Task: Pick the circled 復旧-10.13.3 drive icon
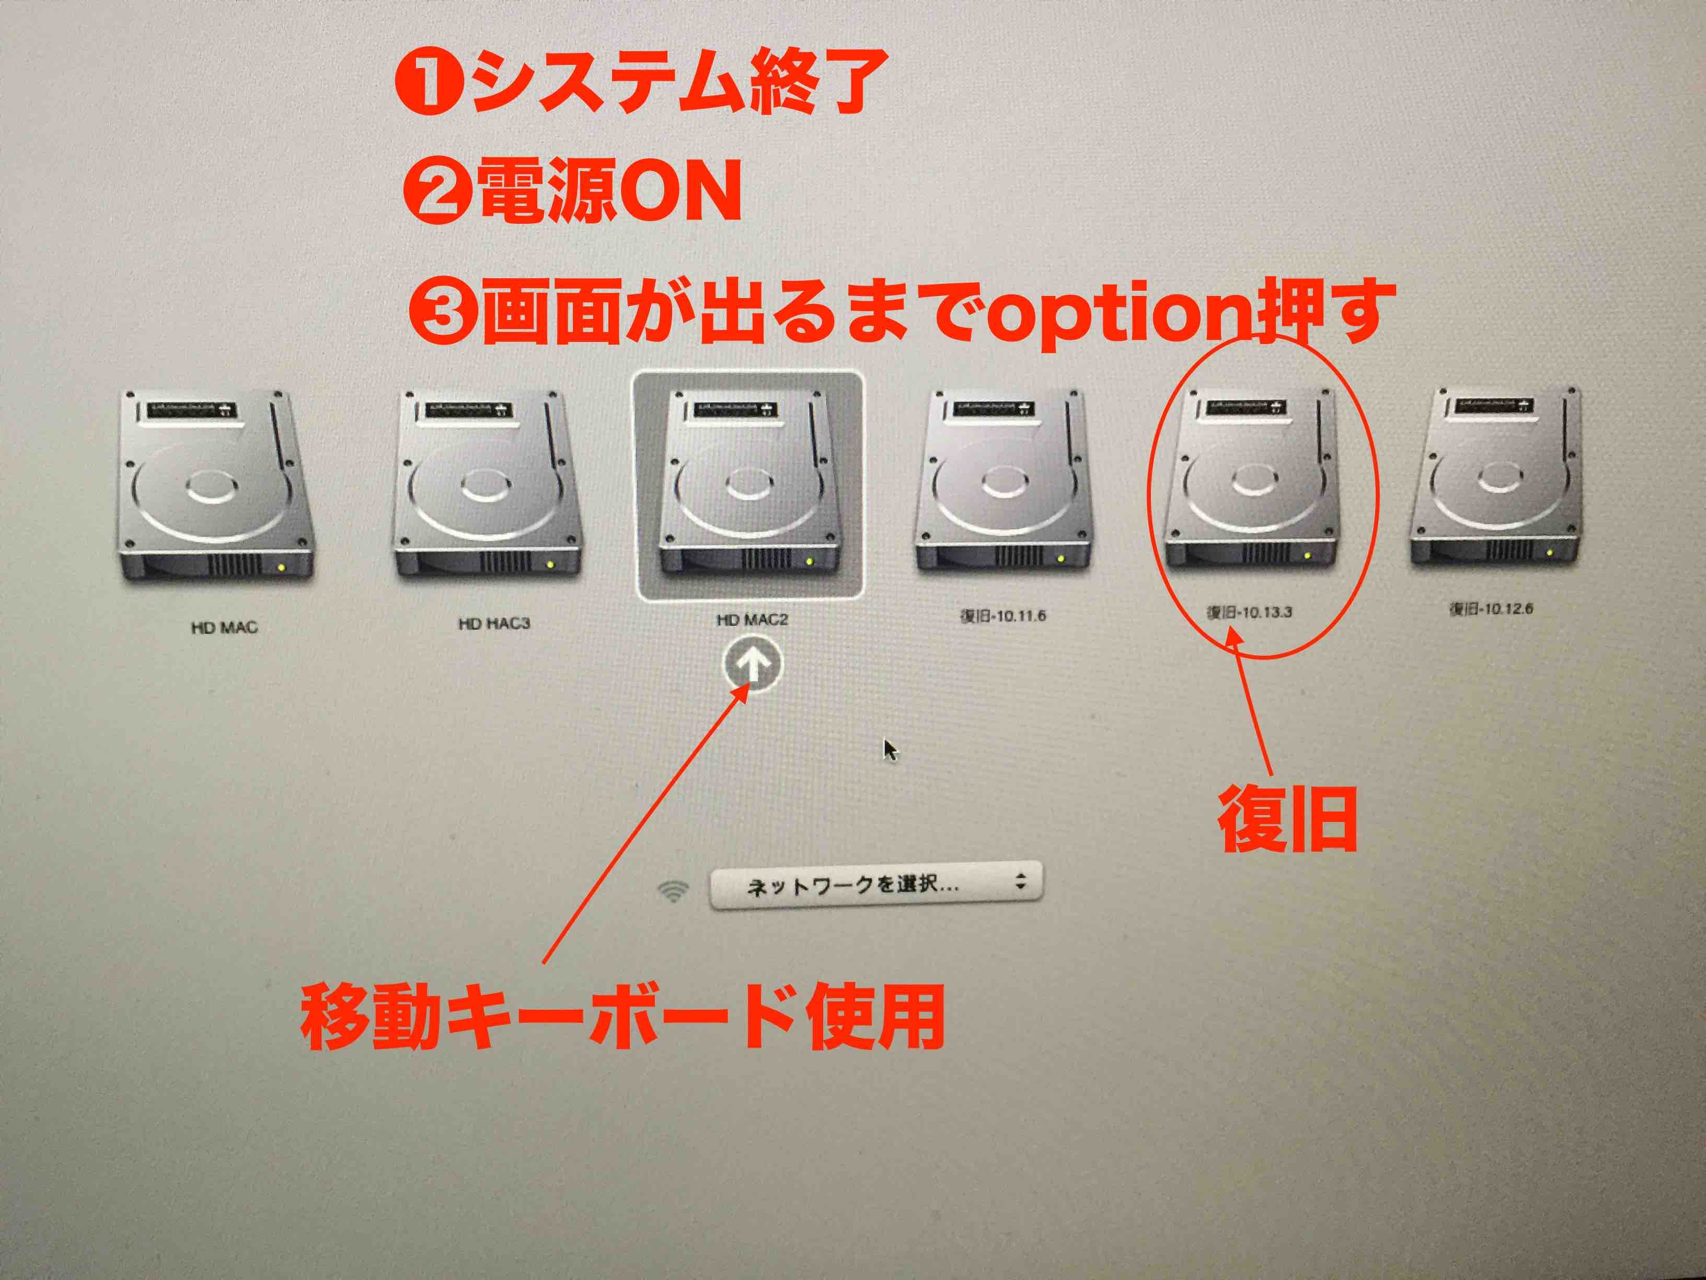point(1251,478)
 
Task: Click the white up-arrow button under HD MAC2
point(752,664)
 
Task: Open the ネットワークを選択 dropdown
point(875,885)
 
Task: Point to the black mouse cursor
point(890,750)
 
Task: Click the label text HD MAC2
point(752,620)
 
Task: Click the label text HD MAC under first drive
point(224,627)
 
